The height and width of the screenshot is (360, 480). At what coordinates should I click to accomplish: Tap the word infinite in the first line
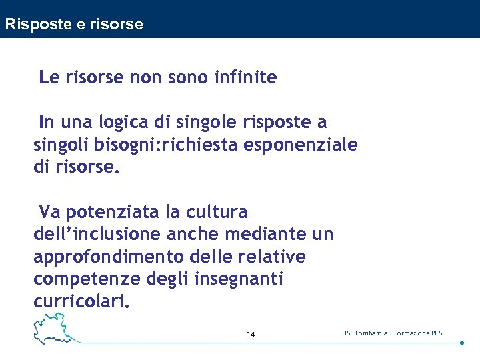[245, 77]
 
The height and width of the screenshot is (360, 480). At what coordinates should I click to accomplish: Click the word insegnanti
[239, 279]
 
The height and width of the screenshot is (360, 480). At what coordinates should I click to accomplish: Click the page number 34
[250, 334]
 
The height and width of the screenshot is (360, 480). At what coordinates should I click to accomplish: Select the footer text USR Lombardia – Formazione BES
[392, 333]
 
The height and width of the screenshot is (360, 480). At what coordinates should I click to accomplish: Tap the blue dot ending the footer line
[462, 343]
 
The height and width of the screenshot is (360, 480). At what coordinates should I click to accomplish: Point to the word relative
[275, 257]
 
